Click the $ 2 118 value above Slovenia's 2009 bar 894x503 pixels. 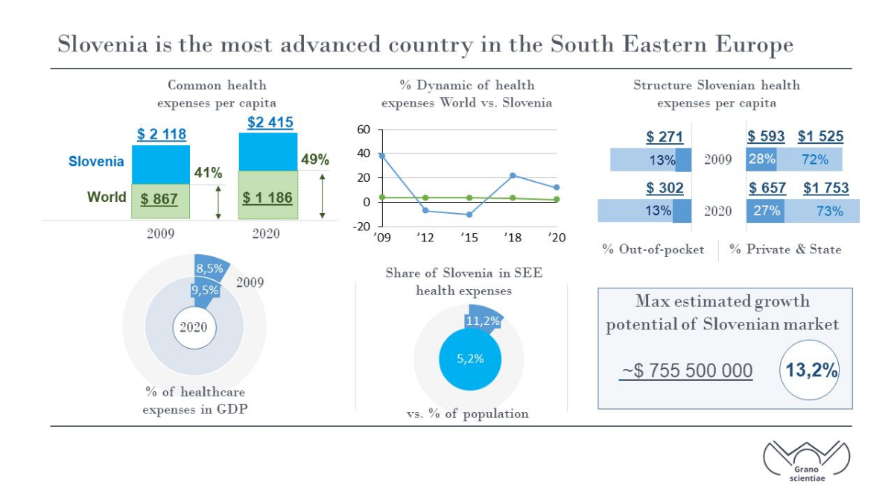[162, 134]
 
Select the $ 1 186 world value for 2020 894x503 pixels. [267, 197]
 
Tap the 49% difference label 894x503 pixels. [315, 159]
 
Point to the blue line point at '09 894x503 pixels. [382, 156]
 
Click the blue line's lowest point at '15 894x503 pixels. [469, 215]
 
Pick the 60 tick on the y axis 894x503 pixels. [364, 130]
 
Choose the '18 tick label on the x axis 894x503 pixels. [513, 238]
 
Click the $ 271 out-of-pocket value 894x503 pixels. [665, 136]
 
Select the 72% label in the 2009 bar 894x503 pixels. [815, 159]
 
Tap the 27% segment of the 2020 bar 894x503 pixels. [765, 211]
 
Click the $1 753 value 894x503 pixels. [825, 188]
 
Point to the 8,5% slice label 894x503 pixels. [209, 268]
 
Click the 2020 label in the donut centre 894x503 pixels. [194, 327]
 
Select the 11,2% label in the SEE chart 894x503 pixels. [483, 320]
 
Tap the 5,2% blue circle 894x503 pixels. [470, 359]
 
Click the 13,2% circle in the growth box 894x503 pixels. [811, 370]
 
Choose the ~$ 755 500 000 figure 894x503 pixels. [686, 370]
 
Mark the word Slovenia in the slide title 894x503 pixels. [103, 44]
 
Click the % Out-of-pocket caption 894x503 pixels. [653, 250]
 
